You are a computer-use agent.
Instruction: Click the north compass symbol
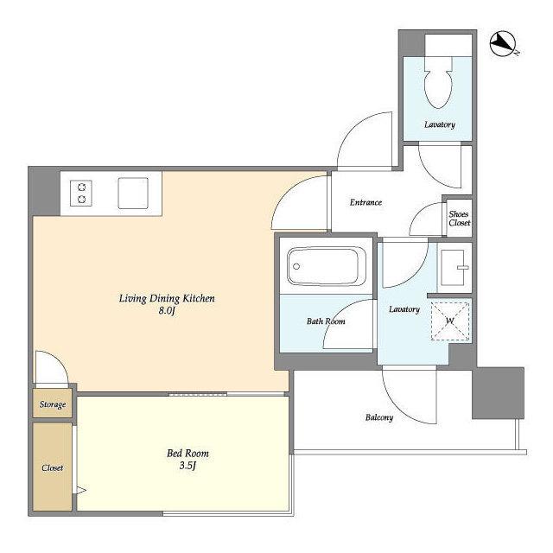coord(503,44)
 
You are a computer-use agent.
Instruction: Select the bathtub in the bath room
coord(327,266)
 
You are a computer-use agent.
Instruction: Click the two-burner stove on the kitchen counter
coord(81,194)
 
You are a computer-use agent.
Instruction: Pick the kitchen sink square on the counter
coord(133,194)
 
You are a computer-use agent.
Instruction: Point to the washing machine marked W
coord(450,321)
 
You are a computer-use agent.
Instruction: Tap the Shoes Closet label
coord(459,219)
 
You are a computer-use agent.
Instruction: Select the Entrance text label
coord(365,202)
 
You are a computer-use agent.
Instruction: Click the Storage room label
coord(53,404)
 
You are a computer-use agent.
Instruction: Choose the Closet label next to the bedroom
coord(52,467)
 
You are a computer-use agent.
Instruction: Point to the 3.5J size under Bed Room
coord(188,466)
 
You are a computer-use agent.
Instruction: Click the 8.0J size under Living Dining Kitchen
coord(167,311)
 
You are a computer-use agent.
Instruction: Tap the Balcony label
coord(379,417)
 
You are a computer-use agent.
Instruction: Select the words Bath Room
coord(326,321)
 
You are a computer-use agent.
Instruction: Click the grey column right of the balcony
coord(498,393)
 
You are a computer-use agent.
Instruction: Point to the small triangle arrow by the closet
coord(81,490)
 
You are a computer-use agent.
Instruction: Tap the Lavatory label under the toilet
coord(440,124)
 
